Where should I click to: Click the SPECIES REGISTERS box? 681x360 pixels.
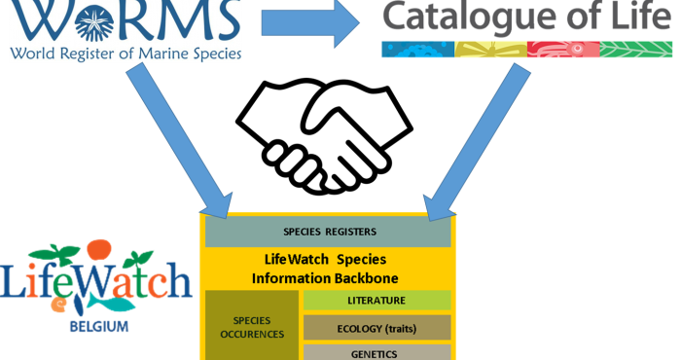pyautogui.click(x=327, y=233)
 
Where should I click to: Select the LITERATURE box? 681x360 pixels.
pyautogui.click(x=376, y=301)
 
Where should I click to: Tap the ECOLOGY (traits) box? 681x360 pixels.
pyautogui.click(x=376, y=328)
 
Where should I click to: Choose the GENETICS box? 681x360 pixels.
pyautogui.click(x=376, y=352)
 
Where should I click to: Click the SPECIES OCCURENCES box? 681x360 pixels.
pyautogui.click(x=251, y=327)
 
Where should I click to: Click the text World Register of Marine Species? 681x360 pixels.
pyautogui.click(x=125, y=54)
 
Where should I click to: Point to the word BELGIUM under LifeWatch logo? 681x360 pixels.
pyautogui.click(x=98, y=328)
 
